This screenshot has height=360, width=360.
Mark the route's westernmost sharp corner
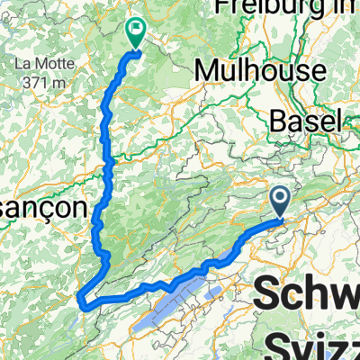tap(81, 298)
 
